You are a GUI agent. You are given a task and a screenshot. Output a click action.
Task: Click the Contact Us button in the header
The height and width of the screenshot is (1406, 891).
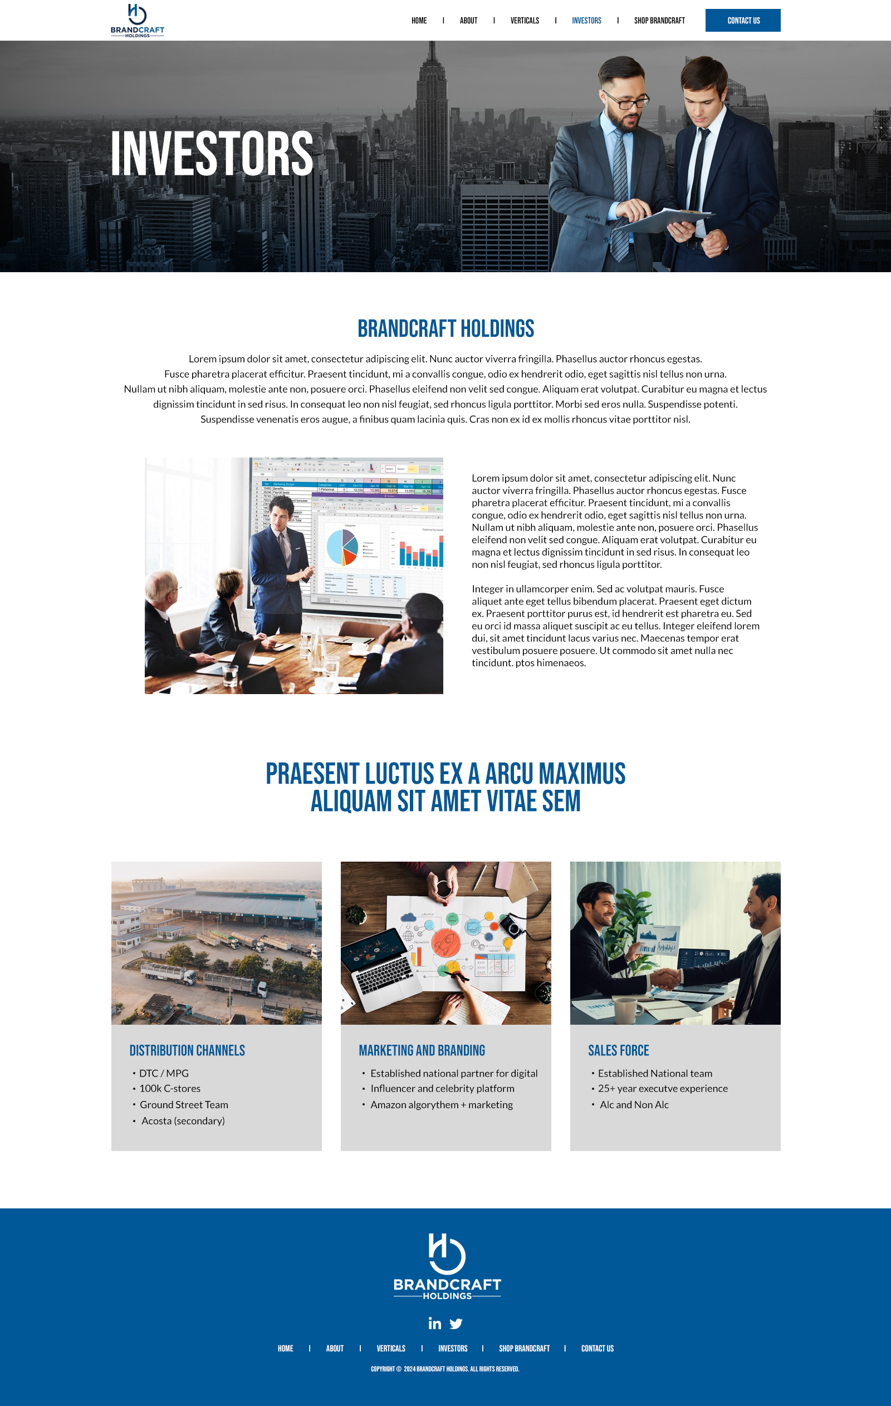click(743, 21)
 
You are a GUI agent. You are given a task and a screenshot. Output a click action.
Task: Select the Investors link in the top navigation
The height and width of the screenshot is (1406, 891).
click(586, 21)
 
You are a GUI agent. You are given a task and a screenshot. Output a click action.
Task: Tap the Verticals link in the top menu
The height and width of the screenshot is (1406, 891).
click(524, 21)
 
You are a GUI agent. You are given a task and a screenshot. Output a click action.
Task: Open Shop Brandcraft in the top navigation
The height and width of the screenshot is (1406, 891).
click(659, 21)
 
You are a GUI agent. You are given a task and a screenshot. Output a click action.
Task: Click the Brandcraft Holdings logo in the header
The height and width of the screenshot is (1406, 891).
click(138, 21)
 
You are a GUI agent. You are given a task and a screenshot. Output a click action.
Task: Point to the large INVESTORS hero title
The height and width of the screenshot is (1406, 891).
click(212, 154)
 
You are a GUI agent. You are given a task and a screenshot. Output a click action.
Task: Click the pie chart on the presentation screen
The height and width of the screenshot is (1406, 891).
click(342, 547)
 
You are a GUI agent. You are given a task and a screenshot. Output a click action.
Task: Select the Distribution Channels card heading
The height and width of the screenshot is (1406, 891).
click(187, 1050)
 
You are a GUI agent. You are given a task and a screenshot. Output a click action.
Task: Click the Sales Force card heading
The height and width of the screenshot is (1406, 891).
click(618, 1050)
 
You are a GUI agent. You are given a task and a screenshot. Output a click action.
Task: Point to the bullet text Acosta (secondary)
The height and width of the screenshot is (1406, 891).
click(183, 1120)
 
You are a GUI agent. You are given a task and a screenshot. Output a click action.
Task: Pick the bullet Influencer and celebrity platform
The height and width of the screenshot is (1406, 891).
click(442, 1088)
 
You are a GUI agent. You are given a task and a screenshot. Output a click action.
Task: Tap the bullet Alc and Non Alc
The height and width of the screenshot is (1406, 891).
click(634, 1104)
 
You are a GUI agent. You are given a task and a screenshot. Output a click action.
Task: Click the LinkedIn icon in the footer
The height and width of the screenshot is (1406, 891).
click(434, 1323)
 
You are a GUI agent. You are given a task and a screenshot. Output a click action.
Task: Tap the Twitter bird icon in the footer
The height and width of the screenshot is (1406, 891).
click(456, 1323)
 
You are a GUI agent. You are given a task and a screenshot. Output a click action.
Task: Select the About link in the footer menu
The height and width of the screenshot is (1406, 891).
click(334, 1348)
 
